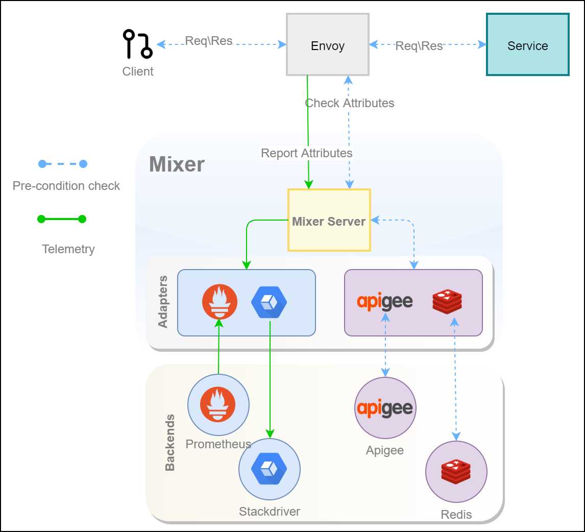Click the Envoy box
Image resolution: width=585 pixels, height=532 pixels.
(x=328, y=45)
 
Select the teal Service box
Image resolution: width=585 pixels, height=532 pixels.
(x=527, y=45)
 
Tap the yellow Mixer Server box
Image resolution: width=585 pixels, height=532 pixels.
(x=329, y=221)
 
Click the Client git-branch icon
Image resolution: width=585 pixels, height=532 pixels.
(x=137, y=44)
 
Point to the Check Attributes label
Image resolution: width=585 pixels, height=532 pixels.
(x=350, y=103)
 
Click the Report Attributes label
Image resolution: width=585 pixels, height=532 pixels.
(x=306, y=153)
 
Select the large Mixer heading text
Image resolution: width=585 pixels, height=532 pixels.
(x=177, y=164)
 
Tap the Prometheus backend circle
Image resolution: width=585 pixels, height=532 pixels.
(x=218, y=404)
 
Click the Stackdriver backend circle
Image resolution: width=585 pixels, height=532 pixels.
(x=270, y=469)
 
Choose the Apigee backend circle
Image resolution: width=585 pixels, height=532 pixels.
(x=385, y=407)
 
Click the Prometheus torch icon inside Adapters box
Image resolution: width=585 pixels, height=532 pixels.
(x=220, y=302)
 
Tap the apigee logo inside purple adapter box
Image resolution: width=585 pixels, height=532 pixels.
(x=384, y=302)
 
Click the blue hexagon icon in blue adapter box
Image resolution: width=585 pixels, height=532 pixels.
(x=269, y=302)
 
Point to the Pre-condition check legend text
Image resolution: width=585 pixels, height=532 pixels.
(x=66, y=186)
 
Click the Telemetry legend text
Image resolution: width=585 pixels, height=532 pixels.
(x=68, y=249)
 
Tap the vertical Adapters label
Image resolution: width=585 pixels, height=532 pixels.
(x=163, y=302)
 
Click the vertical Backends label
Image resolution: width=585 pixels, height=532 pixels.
(x=170, y=442)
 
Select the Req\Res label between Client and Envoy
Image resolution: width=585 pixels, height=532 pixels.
(x=209, y=41)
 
